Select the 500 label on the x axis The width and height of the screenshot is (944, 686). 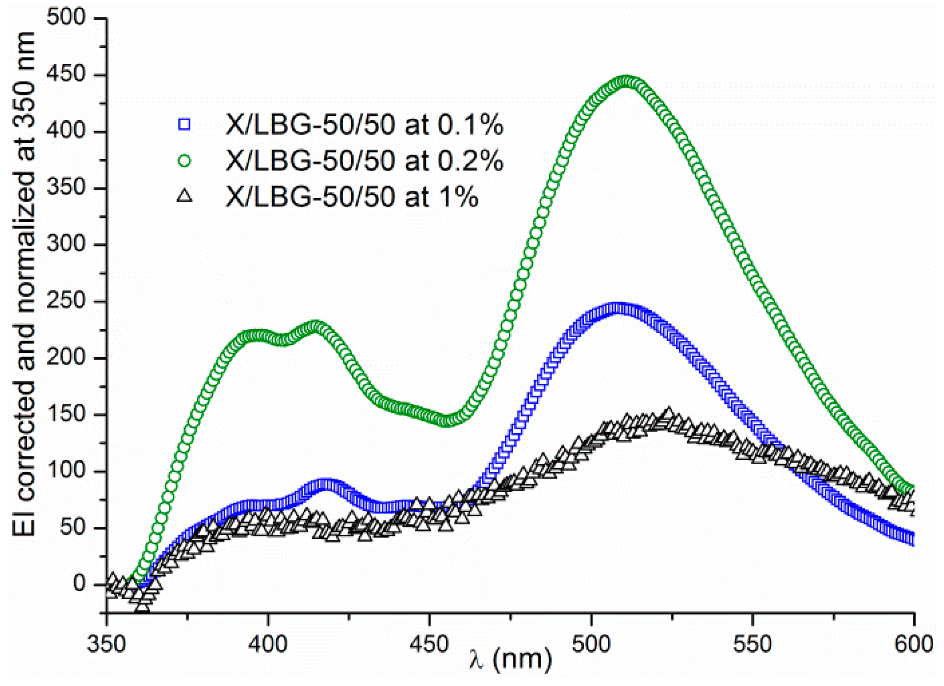[591, 644]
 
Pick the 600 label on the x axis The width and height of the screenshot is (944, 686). [914, 644]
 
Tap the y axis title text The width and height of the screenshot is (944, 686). [25, 285]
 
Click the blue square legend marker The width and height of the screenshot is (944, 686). [184, 124]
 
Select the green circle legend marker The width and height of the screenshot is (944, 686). [184, 160]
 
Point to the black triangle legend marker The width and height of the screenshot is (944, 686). [184, 196]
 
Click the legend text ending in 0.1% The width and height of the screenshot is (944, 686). [364, 125]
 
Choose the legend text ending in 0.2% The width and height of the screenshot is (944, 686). [364, 161]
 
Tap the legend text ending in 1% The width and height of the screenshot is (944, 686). [352, 197]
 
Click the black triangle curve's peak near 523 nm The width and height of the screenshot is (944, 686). [668, 414]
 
